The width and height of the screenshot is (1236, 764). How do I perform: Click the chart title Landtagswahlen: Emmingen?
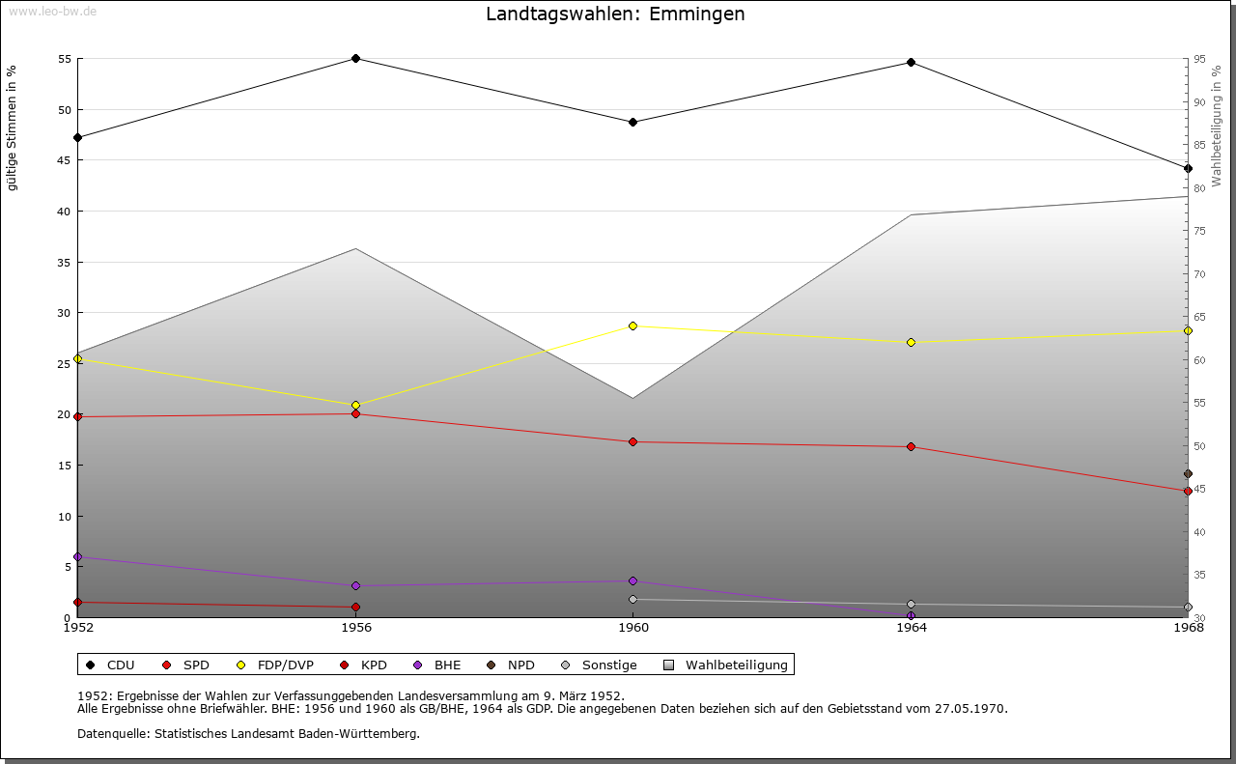pos(615,14)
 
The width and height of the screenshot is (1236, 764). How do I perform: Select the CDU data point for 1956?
pos(355,59)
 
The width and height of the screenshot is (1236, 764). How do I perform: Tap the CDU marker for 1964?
pos(911,63)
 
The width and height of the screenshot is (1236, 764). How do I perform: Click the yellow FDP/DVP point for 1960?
pos(632,326)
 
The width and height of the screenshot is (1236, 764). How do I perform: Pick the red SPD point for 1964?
pos(911,447)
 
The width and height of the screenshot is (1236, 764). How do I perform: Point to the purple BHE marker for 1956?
pos(355,586)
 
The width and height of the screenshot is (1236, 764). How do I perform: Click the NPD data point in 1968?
pos(1188,474)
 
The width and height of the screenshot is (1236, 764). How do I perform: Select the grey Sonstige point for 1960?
pos(632,600)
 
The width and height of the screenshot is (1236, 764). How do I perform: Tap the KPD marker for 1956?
pos(355,608)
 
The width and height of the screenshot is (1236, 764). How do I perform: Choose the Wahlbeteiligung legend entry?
pos(736,665)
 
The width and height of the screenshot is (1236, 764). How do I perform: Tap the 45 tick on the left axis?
pos(65,160)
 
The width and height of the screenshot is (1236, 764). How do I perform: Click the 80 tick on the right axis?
pos(1198,188)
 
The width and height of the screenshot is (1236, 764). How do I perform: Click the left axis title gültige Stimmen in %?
pos(13,128)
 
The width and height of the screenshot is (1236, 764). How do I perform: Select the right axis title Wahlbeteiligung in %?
pos(1217,127)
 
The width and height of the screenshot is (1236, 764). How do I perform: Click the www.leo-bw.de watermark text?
pos(51,11)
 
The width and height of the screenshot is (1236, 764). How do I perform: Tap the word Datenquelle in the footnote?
pos(109,734)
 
